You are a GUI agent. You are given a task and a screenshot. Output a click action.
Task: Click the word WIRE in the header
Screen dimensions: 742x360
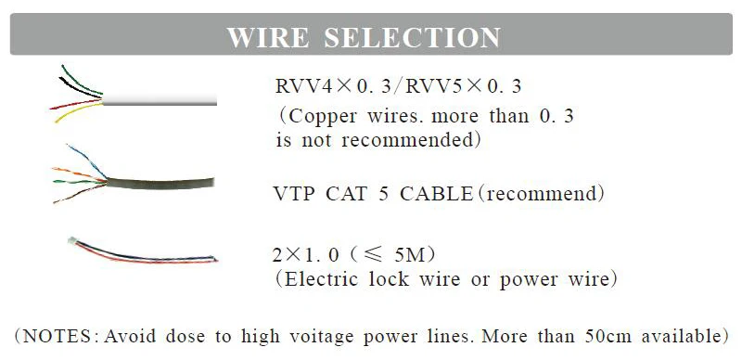[x=268, y=37]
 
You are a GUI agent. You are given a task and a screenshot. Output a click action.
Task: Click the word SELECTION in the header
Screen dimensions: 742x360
[x=412, y=37]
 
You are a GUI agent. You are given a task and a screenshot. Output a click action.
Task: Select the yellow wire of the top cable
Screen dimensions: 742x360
[x=78, y=112]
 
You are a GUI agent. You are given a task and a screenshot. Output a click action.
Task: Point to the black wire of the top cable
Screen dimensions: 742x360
[x=79, y=88]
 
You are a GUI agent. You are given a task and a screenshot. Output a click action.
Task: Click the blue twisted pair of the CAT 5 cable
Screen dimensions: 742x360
[x=87, y=161]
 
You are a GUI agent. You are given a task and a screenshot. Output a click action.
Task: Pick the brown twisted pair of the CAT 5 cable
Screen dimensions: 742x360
[x=80, y=194]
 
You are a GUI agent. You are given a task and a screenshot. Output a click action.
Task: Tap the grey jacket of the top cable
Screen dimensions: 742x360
[x=160, y=100]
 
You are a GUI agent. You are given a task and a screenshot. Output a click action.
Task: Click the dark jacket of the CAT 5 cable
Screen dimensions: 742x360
[x=160, y=184]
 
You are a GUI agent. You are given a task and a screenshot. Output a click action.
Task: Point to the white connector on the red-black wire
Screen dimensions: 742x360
[x=72, y=240]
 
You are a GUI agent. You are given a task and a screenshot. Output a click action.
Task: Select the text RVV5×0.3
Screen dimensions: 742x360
[x=464, y=86]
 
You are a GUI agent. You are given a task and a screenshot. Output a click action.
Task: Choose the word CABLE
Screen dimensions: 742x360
[x=436, y=194]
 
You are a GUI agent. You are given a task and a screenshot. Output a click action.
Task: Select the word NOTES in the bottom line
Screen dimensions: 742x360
[x=57, y=336]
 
